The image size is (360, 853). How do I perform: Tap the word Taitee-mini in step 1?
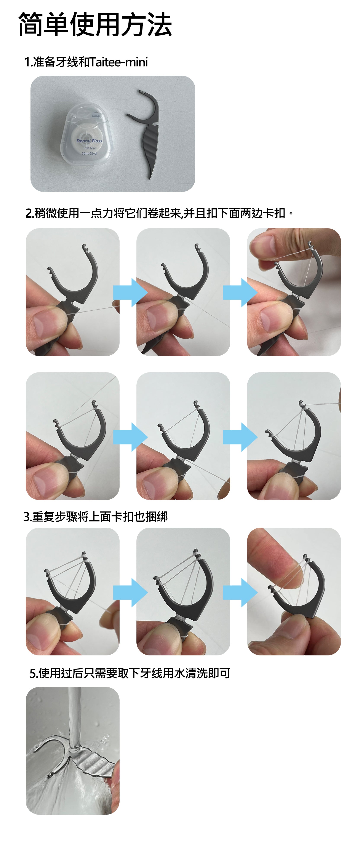(118, 62)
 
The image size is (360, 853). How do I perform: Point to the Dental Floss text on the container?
(90, 141)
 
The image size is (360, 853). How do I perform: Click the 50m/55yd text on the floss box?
(89, 153)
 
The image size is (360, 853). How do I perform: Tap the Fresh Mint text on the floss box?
(90, 148)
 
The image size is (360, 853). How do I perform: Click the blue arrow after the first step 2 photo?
(130, 292)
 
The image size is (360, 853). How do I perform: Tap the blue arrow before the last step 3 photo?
(240, 592)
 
